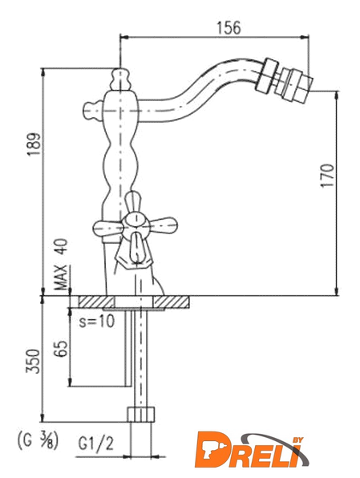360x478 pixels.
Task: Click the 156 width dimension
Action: tap(229, 28)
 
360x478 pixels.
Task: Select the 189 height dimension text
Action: tap(34, 144)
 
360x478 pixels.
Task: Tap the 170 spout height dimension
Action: tap(327, 176)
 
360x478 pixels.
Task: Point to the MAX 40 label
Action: tap(61, 264)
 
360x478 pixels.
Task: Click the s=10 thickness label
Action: tap(97, 321)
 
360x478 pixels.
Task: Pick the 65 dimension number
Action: tap(61, 348)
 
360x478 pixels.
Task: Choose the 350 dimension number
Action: tap(33, 361)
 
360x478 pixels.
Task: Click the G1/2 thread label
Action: tap(95, 444)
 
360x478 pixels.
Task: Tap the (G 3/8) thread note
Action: tap(37, 440)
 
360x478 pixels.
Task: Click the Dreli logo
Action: tap(252, 450)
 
